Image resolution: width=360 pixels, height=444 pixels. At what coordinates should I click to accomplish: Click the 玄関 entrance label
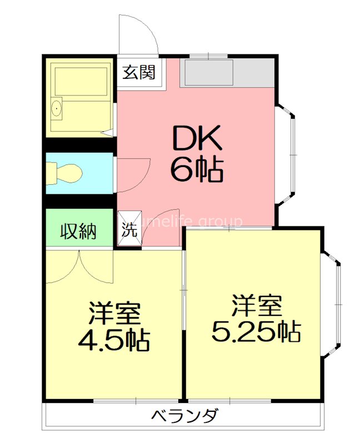139,72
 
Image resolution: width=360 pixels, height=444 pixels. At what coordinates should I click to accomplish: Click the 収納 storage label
79,230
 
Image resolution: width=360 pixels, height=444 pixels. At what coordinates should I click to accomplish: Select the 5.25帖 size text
256,331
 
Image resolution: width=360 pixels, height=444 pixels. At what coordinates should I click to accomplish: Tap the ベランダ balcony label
184,415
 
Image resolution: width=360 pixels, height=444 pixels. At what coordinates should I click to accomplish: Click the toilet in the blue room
64,173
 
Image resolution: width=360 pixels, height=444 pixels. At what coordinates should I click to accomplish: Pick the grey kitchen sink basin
209,73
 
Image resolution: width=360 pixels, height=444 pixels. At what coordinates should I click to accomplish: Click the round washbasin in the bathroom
56,109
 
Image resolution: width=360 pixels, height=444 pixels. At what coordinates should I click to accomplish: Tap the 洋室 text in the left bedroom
114,314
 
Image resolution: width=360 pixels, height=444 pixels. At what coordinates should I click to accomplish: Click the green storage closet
79,229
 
